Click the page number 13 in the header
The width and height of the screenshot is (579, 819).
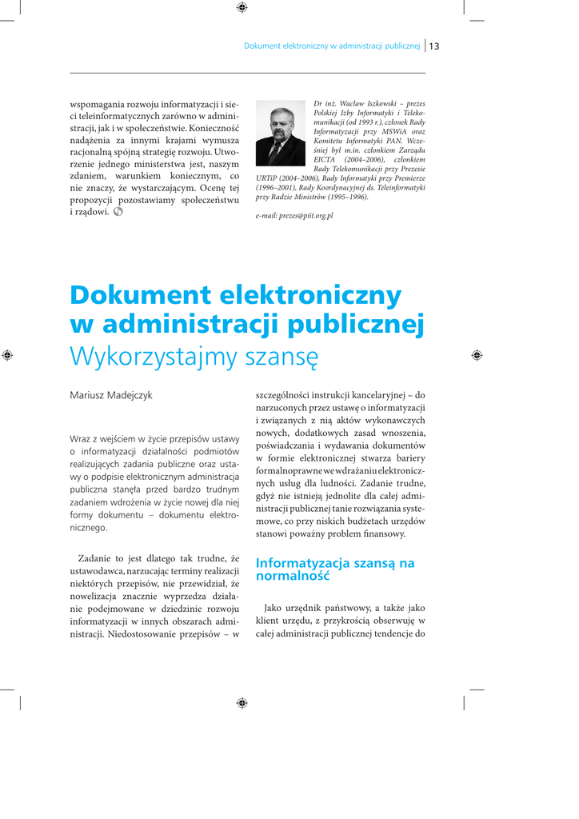(x=435, y=46)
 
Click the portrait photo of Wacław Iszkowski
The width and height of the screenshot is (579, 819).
(x=280, y=133)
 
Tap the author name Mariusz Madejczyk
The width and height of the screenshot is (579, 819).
(x=111, y=395)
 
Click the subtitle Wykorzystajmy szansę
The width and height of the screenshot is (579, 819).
(x=194, y=355)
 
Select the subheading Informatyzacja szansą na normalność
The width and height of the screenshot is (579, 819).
(x=335, y=569)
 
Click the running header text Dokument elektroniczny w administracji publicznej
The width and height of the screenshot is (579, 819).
(x=332, y=46)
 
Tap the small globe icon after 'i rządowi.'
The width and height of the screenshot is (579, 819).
(x=118, y=212)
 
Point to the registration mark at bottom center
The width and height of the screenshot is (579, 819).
(x=242, y=702)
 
